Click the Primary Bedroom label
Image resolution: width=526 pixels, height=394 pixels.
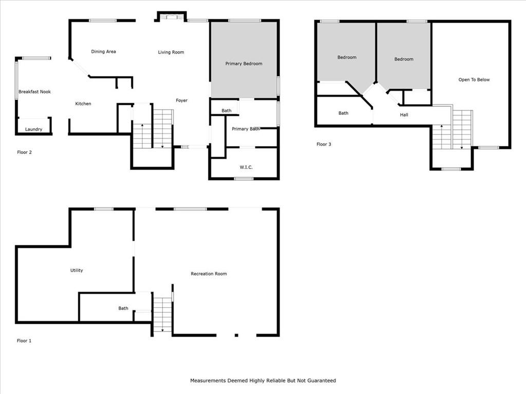[243, 64]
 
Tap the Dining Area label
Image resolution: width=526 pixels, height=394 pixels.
[103, 52]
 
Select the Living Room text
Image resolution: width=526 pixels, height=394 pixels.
[171, 52]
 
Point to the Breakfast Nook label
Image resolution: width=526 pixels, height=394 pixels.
[34, 92]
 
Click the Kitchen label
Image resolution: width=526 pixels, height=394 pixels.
[83, 104]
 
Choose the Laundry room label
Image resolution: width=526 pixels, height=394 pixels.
[33, 129]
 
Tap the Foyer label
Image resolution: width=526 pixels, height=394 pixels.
[181, 101]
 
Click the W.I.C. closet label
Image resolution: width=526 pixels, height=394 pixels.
[246, 167]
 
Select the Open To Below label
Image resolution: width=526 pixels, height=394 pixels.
[474, 80]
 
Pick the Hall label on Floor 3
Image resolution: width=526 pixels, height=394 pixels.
[404, 115]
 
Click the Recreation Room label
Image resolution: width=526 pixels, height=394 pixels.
[209, 274]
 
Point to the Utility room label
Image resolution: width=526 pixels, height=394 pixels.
[77, 270]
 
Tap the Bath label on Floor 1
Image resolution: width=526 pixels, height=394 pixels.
[123, 308]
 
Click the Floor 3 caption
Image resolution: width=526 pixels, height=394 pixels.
[324, 144]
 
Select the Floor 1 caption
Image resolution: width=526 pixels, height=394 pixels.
[24, 341]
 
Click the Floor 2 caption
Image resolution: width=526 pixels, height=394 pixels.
[24, 152]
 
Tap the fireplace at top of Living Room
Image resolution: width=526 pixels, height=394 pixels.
[172, 16]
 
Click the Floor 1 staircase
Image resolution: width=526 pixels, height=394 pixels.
[162, 314]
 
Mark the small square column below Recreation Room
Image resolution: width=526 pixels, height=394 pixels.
[236, 335]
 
